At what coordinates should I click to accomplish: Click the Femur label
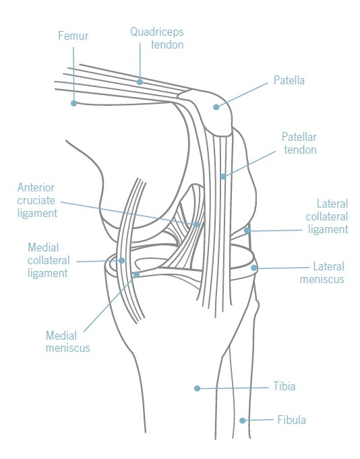pos(73,36)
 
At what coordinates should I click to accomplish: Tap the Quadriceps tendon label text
pos(157,38)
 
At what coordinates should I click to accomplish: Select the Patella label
pos(289,80)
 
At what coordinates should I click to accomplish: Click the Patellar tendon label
pos(299,143)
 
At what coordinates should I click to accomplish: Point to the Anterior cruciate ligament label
pos(37,200)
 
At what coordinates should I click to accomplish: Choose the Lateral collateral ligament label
pos(327,216)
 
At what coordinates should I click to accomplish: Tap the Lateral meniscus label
pos(322,273)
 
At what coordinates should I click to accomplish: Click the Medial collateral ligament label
pos(49,260)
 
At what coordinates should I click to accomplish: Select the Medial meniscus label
pos(68,342)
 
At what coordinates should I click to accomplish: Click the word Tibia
pos(284,386)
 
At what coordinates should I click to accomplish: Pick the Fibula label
pos(291,420)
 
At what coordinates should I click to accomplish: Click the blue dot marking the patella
pos(216,107)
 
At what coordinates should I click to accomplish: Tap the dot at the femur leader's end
pos(73,103)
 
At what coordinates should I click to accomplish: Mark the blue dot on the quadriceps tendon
pos(140,82)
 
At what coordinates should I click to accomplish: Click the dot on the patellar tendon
pos(223,177)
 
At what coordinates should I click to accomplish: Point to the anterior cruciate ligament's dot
pos(196,224)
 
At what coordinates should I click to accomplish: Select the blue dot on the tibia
pos(197,388)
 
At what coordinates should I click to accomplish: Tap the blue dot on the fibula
pos(242,421)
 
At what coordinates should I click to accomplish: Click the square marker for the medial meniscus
pos(136,274)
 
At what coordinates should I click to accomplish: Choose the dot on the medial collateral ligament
pos(122,260)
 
